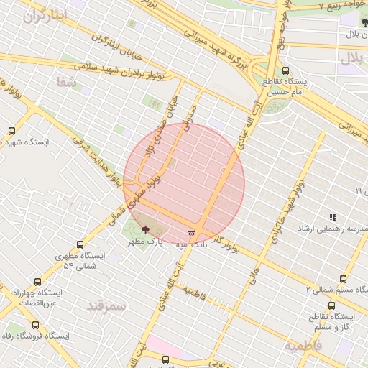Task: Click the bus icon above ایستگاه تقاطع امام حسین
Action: coord(286,70)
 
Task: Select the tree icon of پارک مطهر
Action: coord(147,231)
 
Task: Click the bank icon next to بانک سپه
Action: coord(191,233)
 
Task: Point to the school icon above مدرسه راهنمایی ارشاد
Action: coord(332,216)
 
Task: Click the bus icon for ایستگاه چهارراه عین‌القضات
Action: coord(37,283)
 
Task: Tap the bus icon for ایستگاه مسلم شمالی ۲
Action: coord(342,279)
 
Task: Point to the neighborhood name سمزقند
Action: coord(106,305)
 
